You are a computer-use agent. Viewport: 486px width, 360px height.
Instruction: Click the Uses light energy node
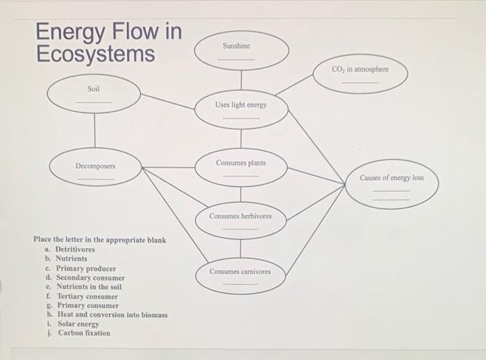tap(241, 108)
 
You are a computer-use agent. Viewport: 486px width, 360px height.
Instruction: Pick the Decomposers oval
tap(96, 170)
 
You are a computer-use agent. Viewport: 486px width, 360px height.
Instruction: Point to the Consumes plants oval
tap(241, 167)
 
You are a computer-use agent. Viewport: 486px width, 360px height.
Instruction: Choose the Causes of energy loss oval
tap(391, 183)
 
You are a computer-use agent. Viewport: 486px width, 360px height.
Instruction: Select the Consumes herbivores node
tap(241, 220)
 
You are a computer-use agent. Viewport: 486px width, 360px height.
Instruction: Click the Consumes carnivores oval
tap(241, 275)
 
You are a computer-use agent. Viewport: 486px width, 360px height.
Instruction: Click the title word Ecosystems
tap(96, 53)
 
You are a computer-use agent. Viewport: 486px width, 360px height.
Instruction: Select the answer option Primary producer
tap(85, 268)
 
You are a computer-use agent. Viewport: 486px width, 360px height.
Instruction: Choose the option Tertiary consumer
tap(87, 296)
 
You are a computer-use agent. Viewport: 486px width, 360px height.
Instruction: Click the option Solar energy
tap(78, 324)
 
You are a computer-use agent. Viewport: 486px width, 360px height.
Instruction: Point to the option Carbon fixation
tap(83, 333)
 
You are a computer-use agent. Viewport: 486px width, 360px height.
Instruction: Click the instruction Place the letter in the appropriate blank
tap(100, 240)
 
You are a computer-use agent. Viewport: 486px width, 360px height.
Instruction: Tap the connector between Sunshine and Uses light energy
tap(241, 79)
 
